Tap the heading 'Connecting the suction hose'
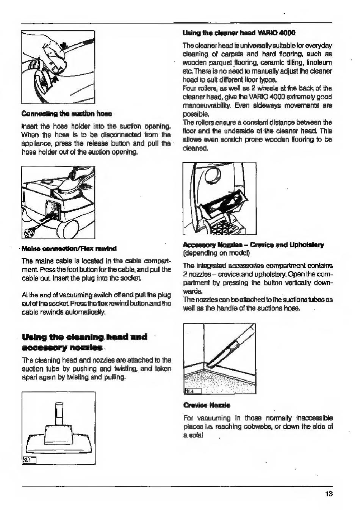point(67,113)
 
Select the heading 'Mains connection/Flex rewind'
point(69,248)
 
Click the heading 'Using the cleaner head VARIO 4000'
point(239,33)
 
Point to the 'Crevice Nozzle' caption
point(207,405)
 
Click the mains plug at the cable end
point(28,232)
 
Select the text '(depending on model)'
point(216,253)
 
